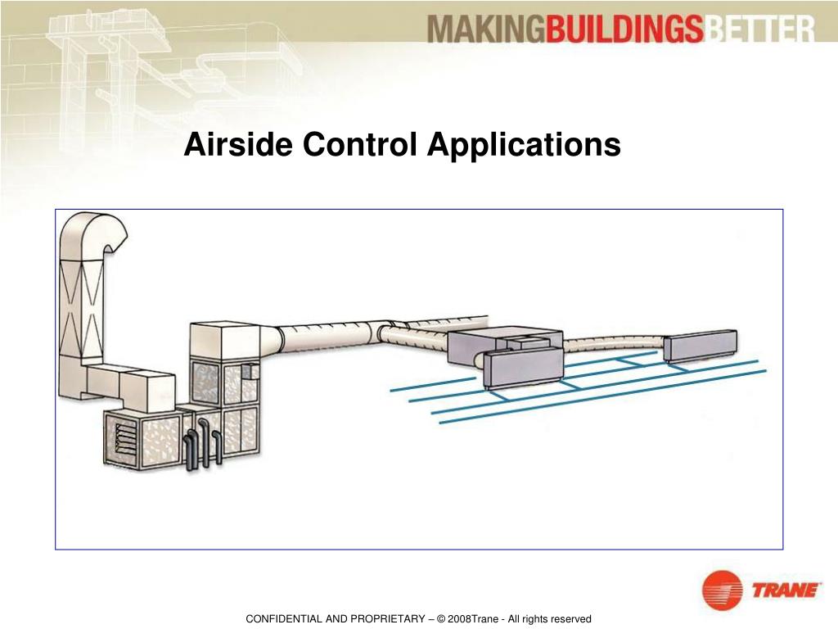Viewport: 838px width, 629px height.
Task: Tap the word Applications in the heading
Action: click(x=524, y=146)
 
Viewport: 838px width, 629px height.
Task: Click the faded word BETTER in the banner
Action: click(x=760, y=31)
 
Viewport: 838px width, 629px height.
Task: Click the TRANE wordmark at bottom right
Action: click(x=785, y=590)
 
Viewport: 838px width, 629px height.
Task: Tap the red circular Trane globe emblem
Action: click(x=722, y=591)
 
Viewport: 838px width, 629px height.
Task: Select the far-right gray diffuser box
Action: click(x=700, y=346)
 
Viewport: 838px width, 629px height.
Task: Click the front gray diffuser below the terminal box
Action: click(x=524, y=368)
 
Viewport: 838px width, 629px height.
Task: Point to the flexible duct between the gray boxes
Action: click(x=614, y=345)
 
